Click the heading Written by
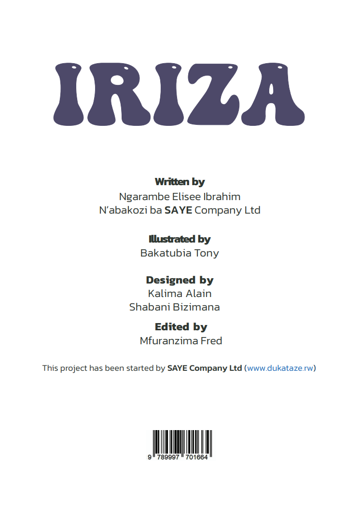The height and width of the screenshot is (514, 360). pyautogui.click(x=180, y=182)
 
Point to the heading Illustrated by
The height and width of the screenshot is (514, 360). pyautogui.click(x=180, y=239)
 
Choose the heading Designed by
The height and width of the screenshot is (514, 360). pyautogui.click(x=180, y=280)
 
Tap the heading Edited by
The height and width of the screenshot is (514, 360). pyautogui.click(x=181, y=327)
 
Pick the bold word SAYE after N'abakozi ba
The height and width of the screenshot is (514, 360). pyautogui.click(x=179, y=211)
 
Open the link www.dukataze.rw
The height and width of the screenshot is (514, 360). pyautogui.click(x=280, y=368)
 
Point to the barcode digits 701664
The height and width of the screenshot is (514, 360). pyautogui.click(x=195, y=457)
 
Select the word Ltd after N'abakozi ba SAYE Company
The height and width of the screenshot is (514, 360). pyautogui.click(x=252, y=211)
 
